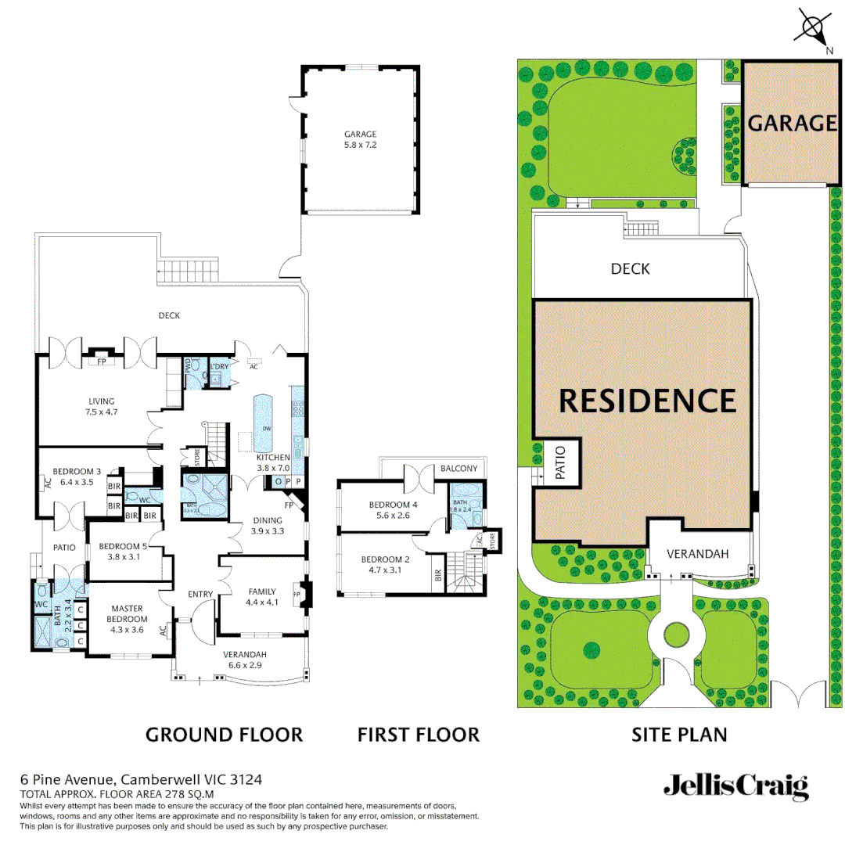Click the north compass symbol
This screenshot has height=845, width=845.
pos(813,27)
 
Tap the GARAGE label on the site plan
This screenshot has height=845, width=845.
pos(792,123)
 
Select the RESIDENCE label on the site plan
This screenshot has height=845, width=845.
pos(648,401)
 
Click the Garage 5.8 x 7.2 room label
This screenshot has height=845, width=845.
pos(360,139)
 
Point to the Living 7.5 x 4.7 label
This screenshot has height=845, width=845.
pos(102,406)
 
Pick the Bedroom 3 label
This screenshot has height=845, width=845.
pos(77,476)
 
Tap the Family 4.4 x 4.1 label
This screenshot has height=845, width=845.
pos(262,597)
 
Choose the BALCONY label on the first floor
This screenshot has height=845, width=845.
pos(458,468)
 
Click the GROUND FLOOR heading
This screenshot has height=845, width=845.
pos(224,735)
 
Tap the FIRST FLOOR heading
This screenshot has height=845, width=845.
pos(418,735)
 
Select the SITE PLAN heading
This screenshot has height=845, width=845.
pos(679,735)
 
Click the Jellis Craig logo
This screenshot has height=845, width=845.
pos(735,786)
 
